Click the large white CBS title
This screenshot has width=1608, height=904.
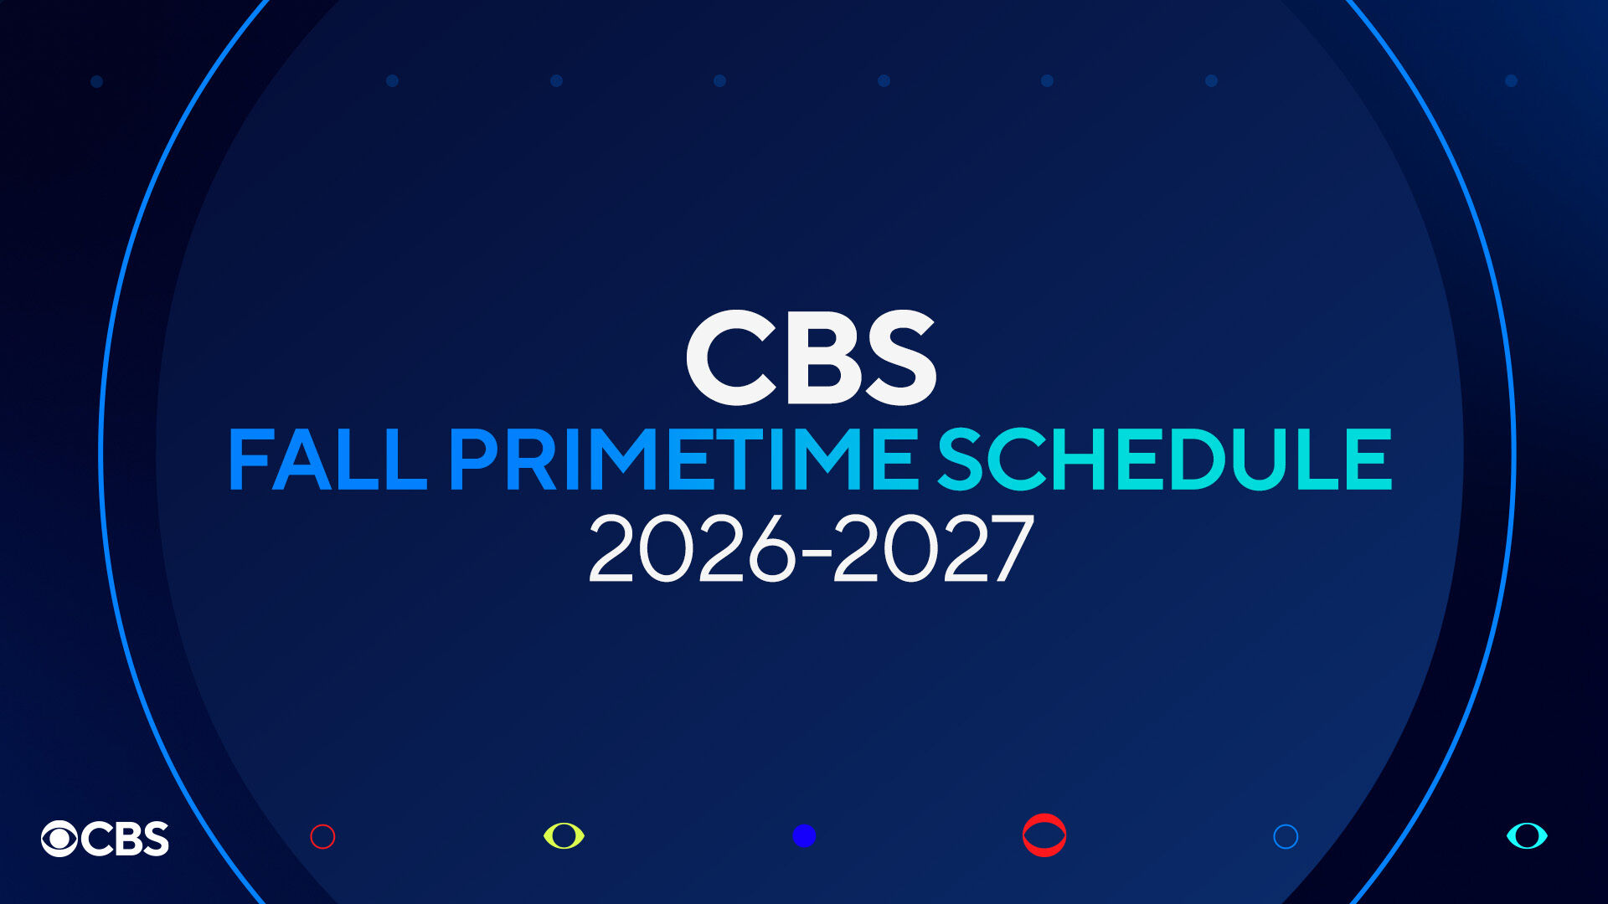[x=811, y=358]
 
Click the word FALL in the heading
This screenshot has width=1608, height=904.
[x=327, y=460]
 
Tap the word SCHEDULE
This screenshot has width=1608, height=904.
[x=1164, y=460]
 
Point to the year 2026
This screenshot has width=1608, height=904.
[x=692, y=550]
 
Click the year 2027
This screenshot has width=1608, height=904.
[x=933, y=550]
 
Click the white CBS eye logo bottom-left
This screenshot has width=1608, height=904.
[x=59, y=838]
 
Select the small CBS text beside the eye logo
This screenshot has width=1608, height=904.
[x=126, y=838]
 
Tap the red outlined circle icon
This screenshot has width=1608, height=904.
[x=322, y=836]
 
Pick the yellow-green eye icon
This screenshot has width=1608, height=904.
[x=564, y=835]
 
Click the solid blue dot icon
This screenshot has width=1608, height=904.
[x=804, y=835]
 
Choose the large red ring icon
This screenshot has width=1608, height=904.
[x=1044, y=835]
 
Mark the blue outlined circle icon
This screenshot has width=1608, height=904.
[x=1286, y=836]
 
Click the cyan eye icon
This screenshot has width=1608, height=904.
[x=1527, y=835]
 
